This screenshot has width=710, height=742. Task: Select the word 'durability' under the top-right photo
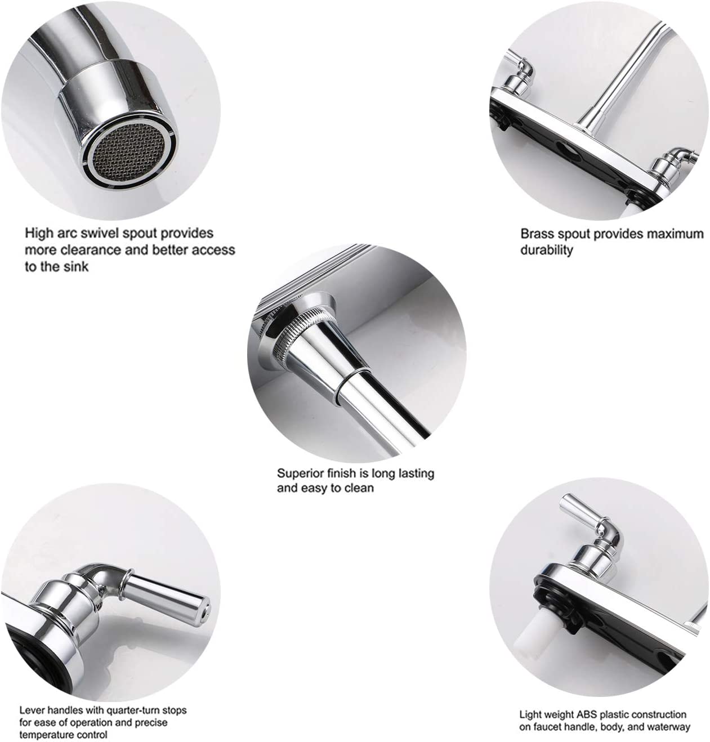tap(546, 250)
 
